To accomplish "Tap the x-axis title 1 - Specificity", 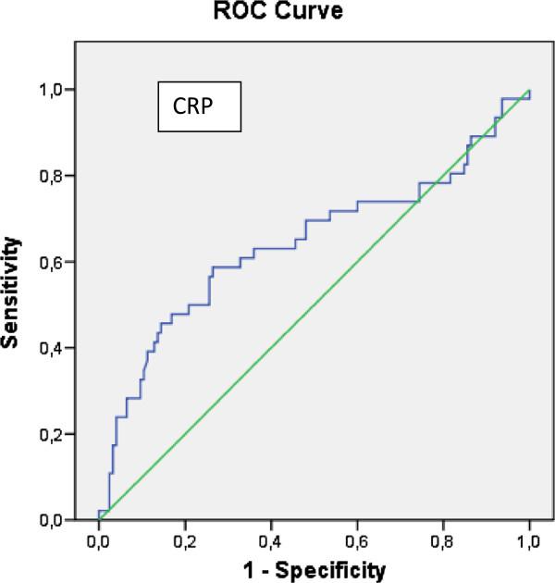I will click(314, 566).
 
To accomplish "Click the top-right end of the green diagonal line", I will click(529, 91).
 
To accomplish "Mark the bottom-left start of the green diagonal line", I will click(100, 519).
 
